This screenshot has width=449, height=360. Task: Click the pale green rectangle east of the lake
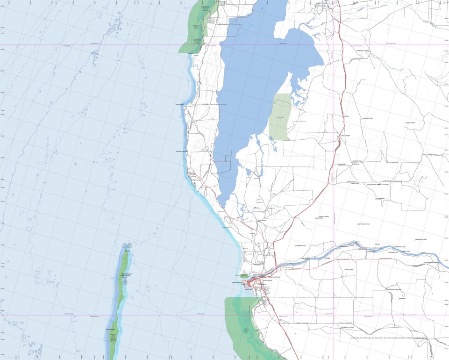279,117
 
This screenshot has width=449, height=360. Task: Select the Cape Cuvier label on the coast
180,105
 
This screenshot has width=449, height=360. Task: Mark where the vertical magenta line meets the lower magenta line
333,315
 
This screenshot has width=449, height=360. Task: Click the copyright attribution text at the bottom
388,338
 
